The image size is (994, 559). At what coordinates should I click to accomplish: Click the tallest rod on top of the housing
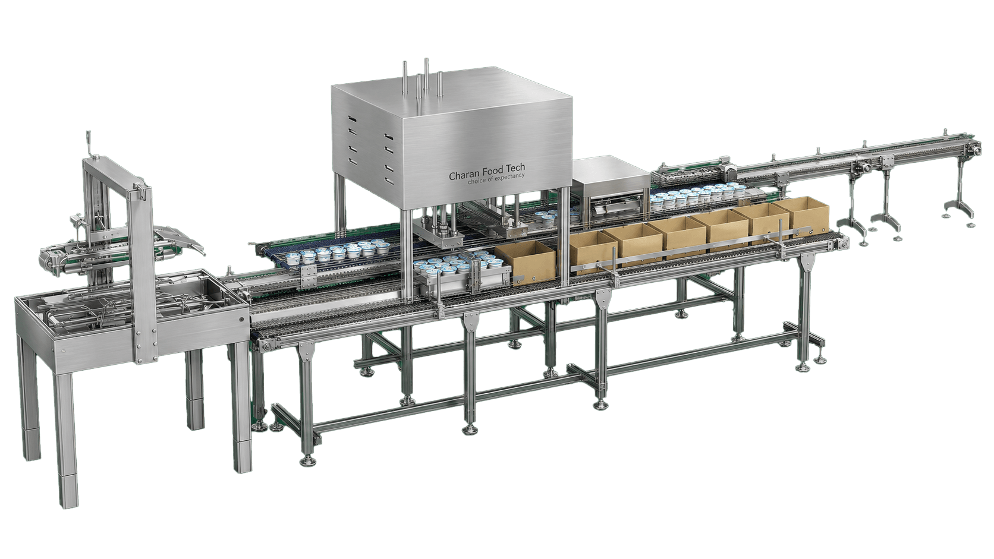point(426,77)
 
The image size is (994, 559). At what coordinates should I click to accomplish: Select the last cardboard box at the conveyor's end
point(802,216)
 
